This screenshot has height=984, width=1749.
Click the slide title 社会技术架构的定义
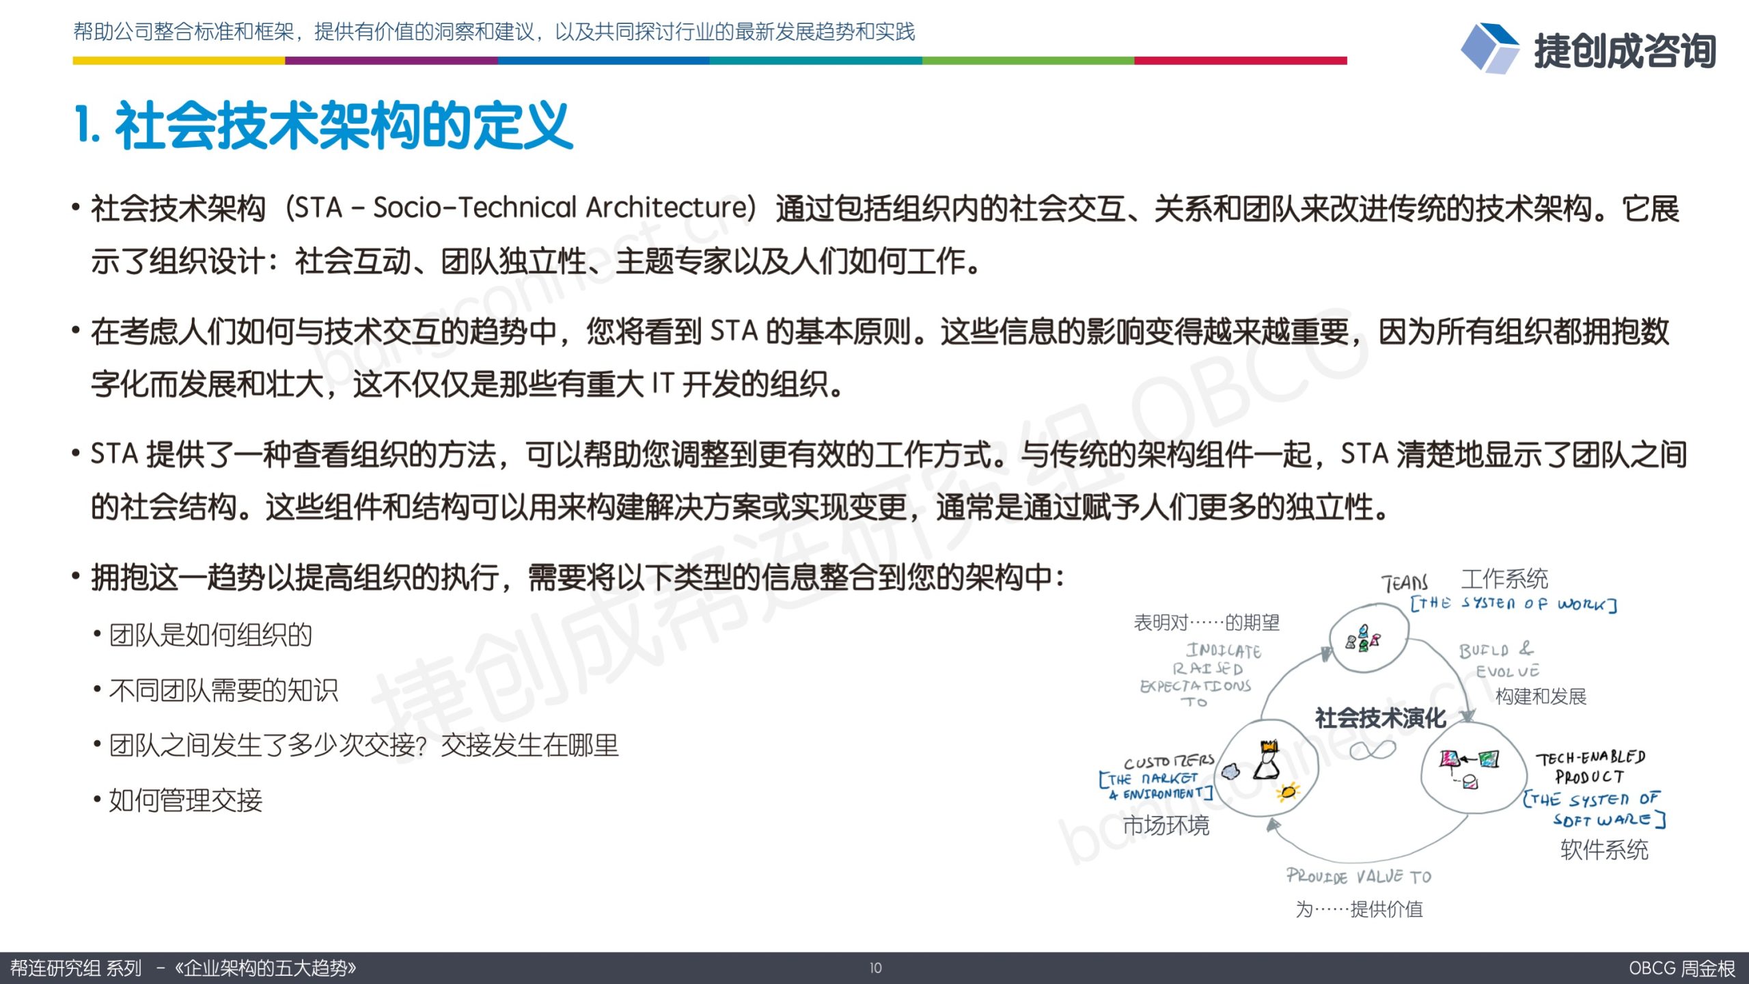[344, 125]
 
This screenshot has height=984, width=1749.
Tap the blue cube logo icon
[1489, 48]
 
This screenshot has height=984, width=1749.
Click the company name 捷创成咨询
[1625, 51]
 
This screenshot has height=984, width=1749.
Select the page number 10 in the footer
[875, 968]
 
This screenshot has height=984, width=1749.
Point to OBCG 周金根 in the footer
[1681, 968]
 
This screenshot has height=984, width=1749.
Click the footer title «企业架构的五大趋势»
[266, 968]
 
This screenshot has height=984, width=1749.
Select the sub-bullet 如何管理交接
[186, 799]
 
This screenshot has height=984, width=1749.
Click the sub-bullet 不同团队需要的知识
[223, 690]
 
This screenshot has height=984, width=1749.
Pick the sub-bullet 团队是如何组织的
[210, 635]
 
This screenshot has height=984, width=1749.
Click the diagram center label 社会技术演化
[1380, 717]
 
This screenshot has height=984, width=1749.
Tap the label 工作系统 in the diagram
[1504, 579]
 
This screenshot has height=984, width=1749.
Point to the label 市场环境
[1166, 825]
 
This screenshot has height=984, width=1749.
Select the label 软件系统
[1604, 849]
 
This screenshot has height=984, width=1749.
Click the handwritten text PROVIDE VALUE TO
[1358, 876]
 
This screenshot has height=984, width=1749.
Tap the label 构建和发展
[1541, 696]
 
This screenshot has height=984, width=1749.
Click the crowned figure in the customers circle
[1267, 759]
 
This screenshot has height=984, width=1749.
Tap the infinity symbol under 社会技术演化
[1373, 750]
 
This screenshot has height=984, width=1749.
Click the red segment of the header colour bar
[1240, 61]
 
